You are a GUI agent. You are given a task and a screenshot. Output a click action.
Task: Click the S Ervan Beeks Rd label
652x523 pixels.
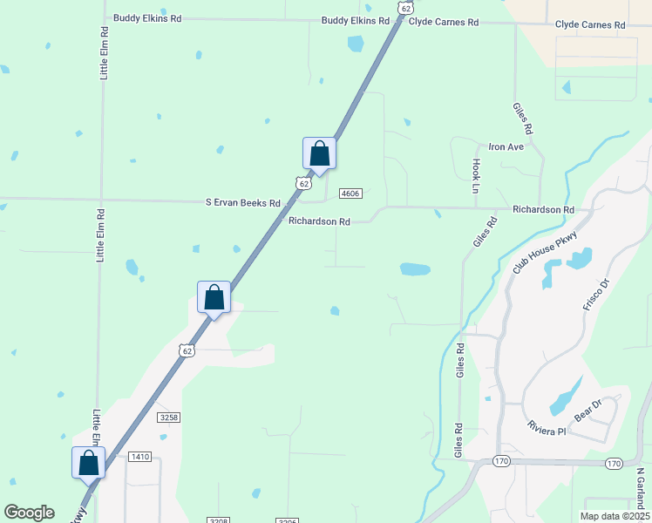pyautogui.click(x=242, y=202)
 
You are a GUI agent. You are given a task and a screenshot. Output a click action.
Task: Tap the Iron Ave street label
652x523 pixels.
pyautogui.click(x=506, y=146)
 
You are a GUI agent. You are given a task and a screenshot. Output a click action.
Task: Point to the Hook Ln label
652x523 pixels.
pyautogui.click(x=477, y=176)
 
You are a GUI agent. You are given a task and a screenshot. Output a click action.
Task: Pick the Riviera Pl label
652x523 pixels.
pyautogui.click(x=547, y=430)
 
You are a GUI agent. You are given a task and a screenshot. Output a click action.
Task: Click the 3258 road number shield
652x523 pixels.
pyautogui.click(x=169, y=418)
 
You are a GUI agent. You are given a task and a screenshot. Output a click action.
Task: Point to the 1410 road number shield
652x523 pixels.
pyautogui.click(x=139, y=457)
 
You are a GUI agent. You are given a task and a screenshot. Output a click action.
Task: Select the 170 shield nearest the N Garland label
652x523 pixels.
pyautogui.click(x=614, y=463)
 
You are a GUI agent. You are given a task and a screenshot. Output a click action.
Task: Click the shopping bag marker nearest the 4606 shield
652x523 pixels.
pyautogui.click(x=319, y=153)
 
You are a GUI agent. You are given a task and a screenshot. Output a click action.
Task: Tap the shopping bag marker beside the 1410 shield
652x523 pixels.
pyautogui.click(x=88, y=462)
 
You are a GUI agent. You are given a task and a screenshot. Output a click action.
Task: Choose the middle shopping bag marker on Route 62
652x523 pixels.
pyautogui.click(x=214, y=297)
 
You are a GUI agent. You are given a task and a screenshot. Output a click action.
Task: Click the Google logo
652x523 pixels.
pyautogui.click(x=30, y=513)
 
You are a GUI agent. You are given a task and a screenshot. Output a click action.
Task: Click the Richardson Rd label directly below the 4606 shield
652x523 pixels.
pyautogui.click(x=319, y=221)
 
